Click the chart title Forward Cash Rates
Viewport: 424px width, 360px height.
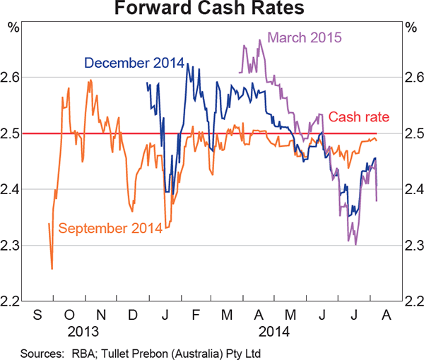click(x=212, y=10)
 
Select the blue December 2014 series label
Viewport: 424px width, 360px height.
click(x=134, y=63)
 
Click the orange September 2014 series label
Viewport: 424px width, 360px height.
click(x=110, y=227)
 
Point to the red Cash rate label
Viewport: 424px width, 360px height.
click(x=360, y=118)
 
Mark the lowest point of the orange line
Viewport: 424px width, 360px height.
click(x=52, y=269)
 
